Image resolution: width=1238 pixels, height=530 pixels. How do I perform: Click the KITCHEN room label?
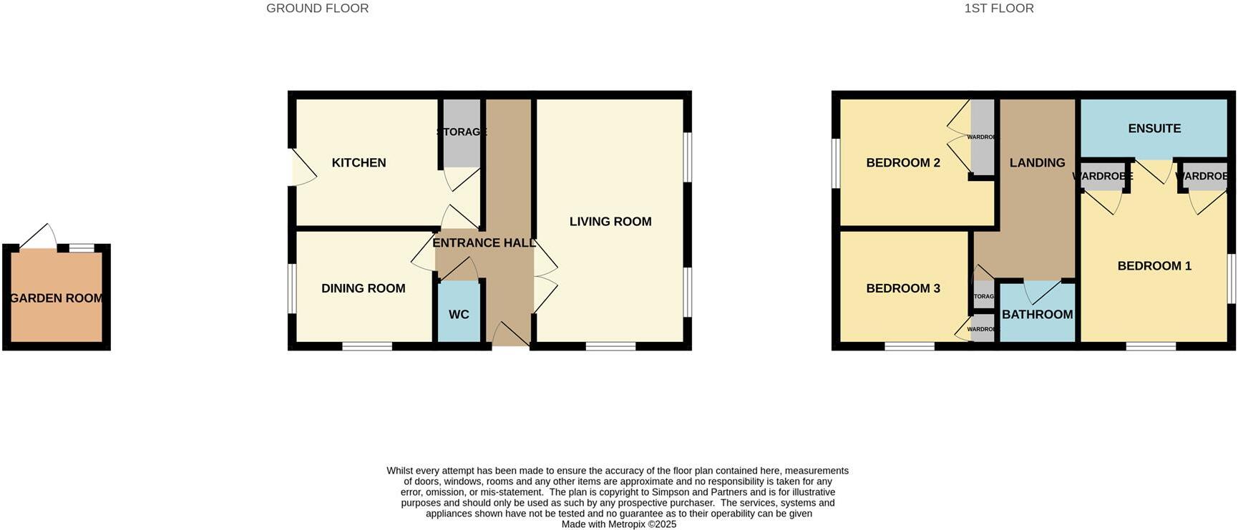pos(359,163)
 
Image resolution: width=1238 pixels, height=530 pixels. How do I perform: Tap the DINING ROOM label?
pos(363,288)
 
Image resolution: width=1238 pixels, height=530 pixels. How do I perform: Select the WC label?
pos(459,315)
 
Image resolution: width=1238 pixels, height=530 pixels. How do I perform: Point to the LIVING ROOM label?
pos(610,222)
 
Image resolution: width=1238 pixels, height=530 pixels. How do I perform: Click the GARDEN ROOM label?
pos(57,298)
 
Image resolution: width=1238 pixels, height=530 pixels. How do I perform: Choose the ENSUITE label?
pos(1154,129)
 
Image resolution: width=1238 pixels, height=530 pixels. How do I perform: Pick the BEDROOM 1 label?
pos(1154,266)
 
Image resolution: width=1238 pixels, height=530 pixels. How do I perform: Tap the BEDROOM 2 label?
pos(903,163)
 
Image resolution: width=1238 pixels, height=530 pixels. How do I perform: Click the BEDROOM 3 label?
pos(903,288)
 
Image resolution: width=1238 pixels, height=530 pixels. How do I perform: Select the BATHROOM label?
pos(1037,315)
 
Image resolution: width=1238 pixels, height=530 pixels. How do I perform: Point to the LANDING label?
pos(1037,163)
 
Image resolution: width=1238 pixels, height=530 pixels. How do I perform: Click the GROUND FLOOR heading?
pos(317,9)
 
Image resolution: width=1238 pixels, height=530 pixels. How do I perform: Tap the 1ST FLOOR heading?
pos(998,9)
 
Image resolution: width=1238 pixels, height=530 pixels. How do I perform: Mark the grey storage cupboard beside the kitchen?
pos(462,134)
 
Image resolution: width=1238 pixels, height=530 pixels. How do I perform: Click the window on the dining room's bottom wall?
pos(367,346)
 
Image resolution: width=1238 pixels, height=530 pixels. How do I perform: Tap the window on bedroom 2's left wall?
pos(835,163)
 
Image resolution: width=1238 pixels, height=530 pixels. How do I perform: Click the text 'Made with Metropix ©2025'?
pos(618,524)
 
